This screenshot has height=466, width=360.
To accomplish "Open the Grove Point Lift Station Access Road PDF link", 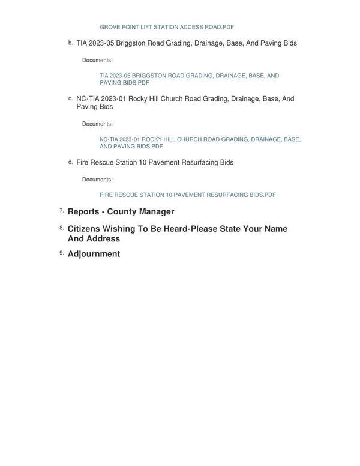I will pos(166,27).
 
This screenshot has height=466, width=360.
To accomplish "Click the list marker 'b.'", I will pos(70,43).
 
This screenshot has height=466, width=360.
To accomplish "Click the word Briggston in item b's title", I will pos(131,43).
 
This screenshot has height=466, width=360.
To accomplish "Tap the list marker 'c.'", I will pos(70,98).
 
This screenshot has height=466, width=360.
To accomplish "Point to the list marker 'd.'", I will pos(70,162).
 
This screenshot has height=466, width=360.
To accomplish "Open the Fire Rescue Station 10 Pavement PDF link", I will pos(187,195).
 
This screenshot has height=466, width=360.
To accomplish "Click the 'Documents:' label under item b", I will pos(97,60).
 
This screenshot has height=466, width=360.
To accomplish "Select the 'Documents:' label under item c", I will pos(97,124).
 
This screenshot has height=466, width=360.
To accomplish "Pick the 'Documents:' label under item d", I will pos(97,180).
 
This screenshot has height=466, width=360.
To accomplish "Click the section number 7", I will pos(62,211).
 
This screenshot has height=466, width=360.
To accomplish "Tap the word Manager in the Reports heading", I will pos(157,212).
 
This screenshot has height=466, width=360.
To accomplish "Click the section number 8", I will pos(62,228).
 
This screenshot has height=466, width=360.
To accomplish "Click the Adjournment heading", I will pos(94,254).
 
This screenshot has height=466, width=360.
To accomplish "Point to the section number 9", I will pos(62,253).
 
